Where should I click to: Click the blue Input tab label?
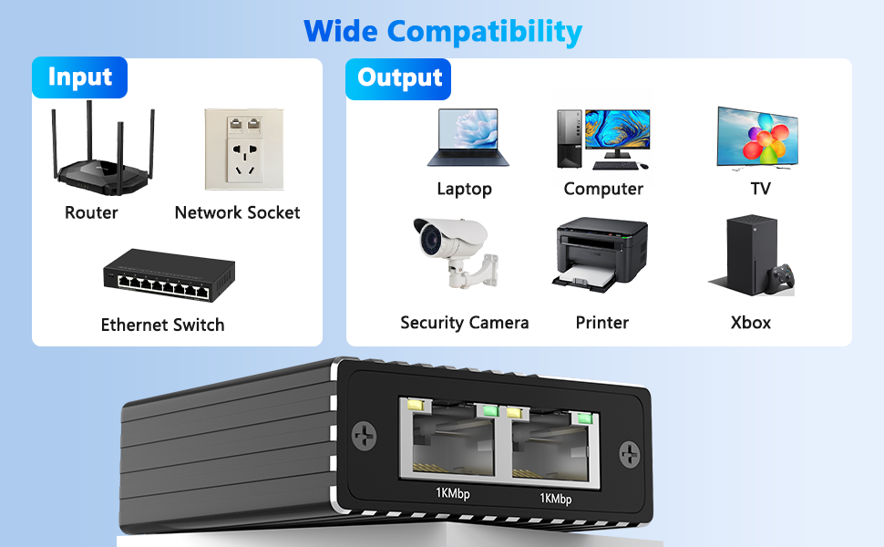tap(79, 77)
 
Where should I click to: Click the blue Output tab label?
tap(398, 77)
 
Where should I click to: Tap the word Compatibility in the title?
tap(484, 31)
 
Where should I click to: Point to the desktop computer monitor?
tap(617, 133)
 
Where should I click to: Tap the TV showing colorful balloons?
tap(757, 137)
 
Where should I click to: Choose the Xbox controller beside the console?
tap(781, 278)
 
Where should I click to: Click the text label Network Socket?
tap(237, 212)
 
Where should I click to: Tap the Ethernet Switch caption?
tap(162, 325)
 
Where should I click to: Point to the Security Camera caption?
tap(464, 323)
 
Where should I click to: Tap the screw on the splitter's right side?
tap(629, 453)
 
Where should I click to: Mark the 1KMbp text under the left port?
tap(452, 494)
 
